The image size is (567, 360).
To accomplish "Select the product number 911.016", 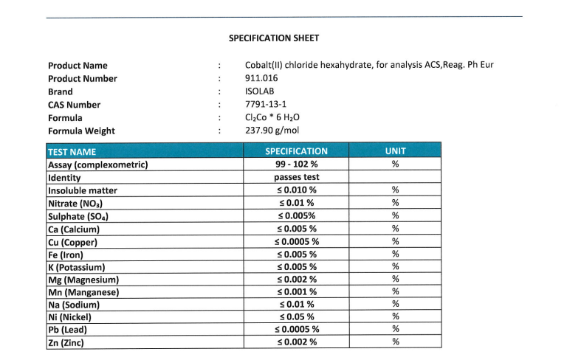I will coord(261,78).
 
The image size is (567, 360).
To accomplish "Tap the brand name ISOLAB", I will coord(260,91).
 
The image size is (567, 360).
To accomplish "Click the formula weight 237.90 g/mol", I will coord(272,131).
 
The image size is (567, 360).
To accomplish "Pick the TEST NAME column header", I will coord(72,151).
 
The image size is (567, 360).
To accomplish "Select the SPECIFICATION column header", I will coord(296,151).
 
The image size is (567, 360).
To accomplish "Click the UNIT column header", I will coord(396,151).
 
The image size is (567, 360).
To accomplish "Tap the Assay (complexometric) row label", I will coord(97,165).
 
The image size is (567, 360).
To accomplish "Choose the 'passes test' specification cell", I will coord(296,178).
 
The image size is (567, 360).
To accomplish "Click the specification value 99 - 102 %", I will coord(296,165).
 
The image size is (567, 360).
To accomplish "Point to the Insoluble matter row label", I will coord(82,190).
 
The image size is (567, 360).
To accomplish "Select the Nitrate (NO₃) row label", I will coord(75,203).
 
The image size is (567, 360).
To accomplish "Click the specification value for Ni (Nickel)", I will coord(296,316).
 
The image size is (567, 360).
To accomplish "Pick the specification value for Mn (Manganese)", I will coord(296,291).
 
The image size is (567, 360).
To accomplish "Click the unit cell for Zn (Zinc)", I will coord(396,342).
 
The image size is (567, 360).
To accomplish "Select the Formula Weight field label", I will coord(81,131).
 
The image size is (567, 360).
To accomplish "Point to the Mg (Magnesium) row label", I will coord(83,280).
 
